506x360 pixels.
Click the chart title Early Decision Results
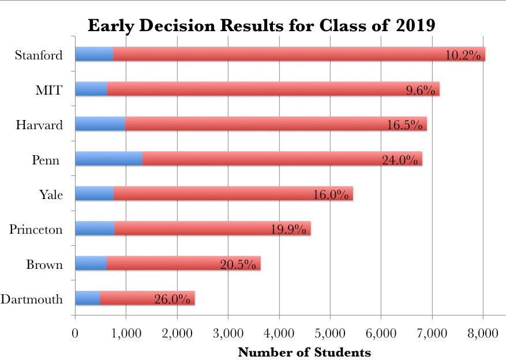[261, 27]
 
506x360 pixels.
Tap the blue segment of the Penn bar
[108, 159]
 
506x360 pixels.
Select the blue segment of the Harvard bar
[100, 123]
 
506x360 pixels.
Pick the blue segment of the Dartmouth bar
[87, 298]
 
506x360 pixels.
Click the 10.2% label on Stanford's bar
[463, 55]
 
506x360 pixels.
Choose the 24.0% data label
[399, 160]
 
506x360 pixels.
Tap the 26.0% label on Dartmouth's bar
[172, 299]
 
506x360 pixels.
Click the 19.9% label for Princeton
[288, 230]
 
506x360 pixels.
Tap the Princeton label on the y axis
[36, 230]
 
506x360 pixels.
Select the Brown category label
[44, 265]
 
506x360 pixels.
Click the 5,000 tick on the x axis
[329, 333]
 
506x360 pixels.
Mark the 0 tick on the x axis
[75, 333]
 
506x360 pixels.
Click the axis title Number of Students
[304, 351]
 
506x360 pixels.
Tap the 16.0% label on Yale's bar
[331, 195]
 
